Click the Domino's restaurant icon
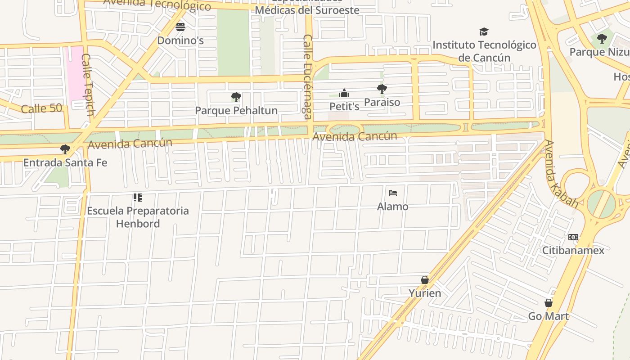point(180,27)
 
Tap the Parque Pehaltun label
point(236,110)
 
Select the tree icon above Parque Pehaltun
point(236,97)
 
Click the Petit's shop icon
point(344,93)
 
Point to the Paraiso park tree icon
point(382,89)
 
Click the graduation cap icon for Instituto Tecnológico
point(484,31)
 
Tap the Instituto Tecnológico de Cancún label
point(484,51)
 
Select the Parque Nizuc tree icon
point(602,39)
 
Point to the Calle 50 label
point(41,108)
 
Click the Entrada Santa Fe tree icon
point(65,149)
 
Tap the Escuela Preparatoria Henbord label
point(138,217)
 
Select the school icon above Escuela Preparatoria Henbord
point(138,197)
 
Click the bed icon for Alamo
point(393,193)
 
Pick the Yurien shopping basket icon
point(424,280)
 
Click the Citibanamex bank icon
point(573,237)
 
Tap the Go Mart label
point(549,316)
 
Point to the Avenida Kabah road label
point(561,173)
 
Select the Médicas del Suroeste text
point(307,10)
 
